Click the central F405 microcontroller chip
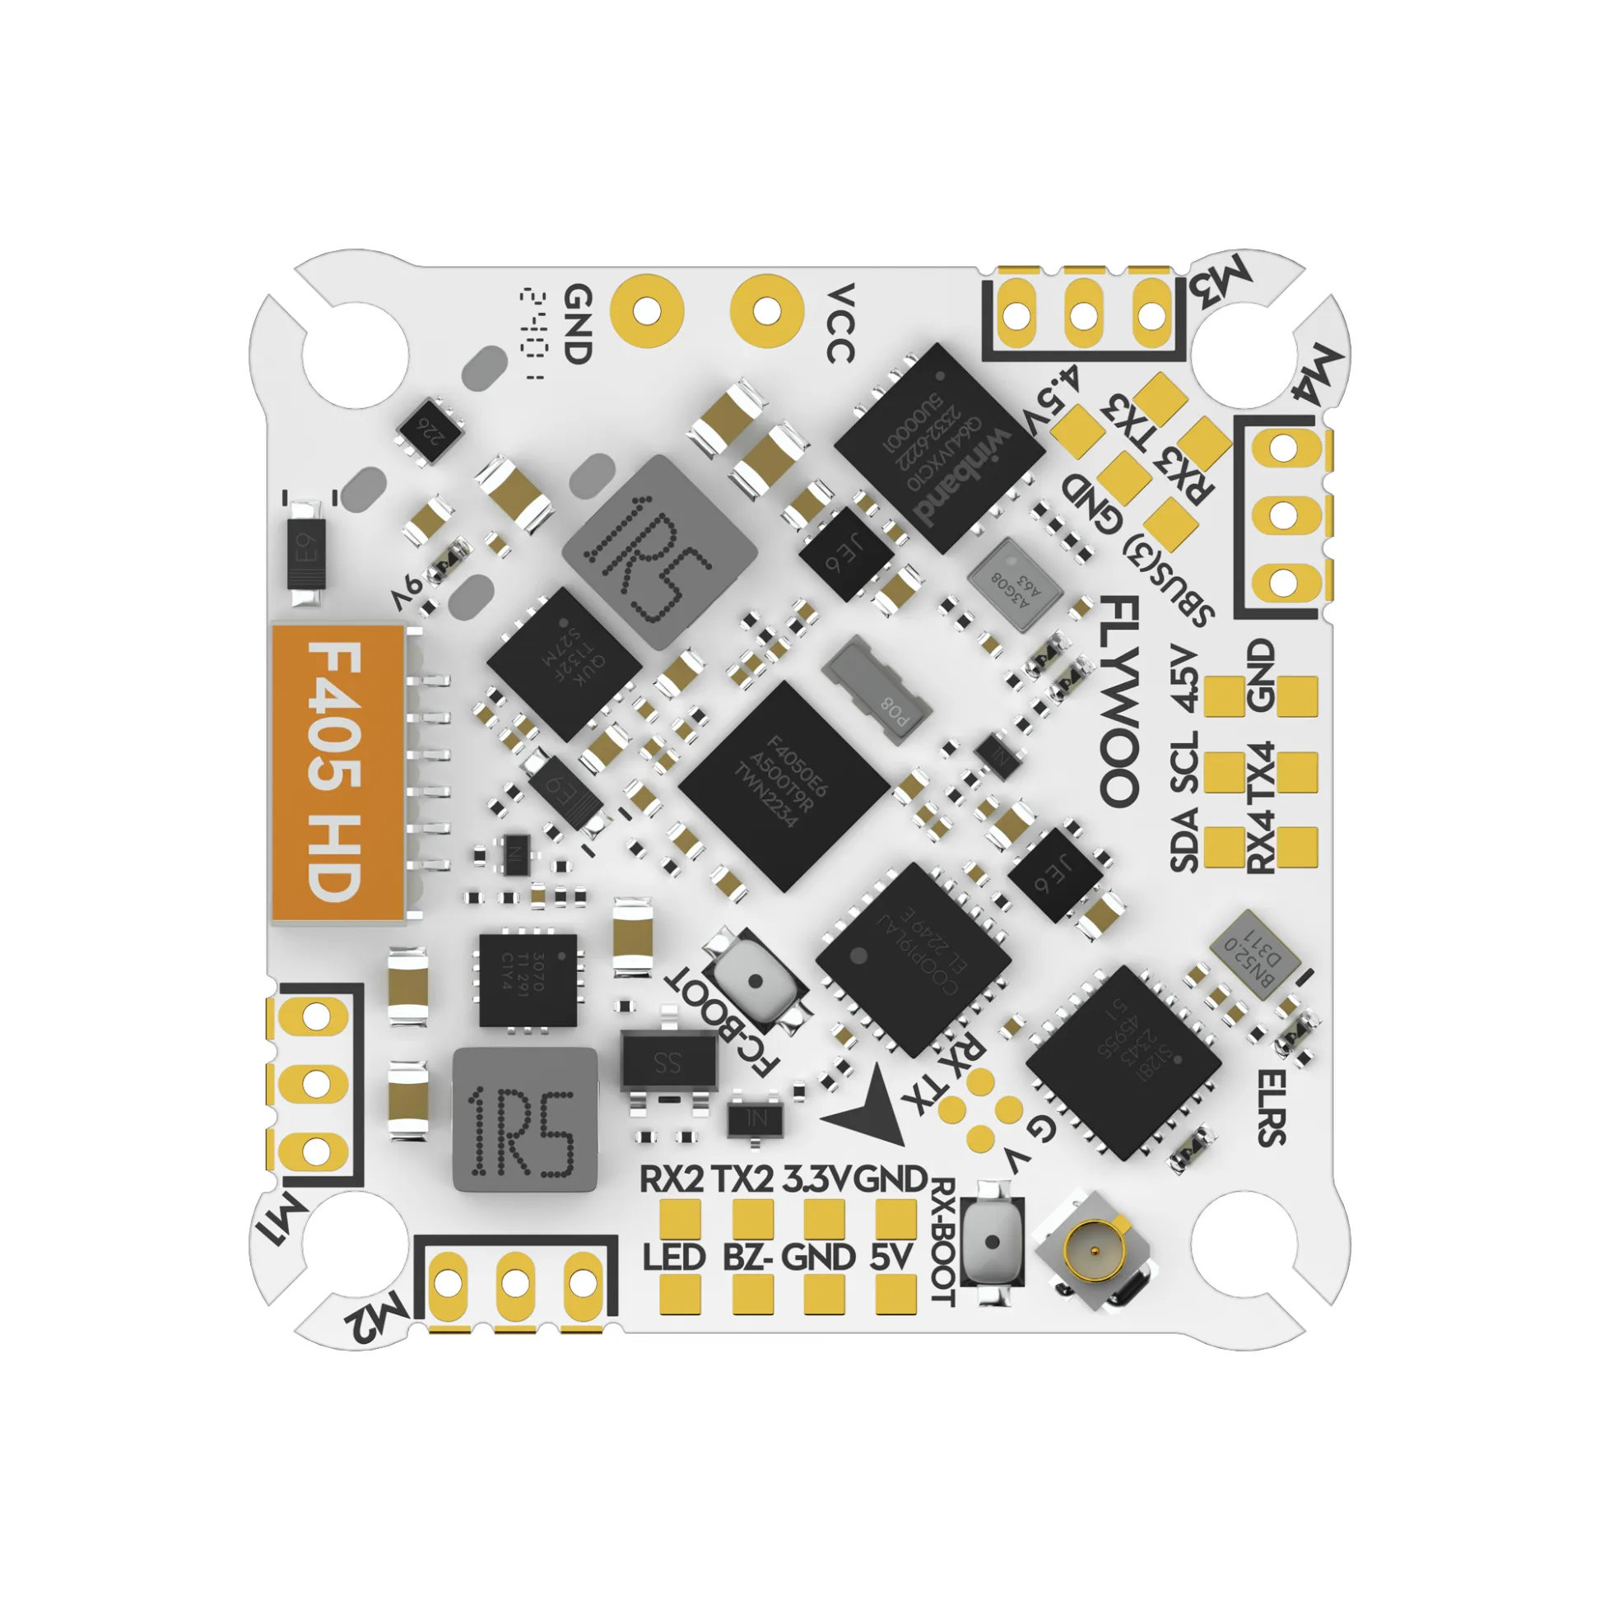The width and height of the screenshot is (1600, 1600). [784, 787]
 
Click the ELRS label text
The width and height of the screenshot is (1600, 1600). [1272, 1107]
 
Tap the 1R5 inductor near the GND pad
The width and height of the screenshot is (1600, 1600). [659, 551]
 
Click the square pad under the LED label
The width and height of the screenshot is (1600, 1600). [681, 1294]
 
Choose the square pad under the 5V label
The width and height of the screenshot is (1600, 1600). [896, 1294]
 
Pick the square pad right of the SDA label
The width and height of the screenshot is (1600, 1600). [1224, 847]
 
